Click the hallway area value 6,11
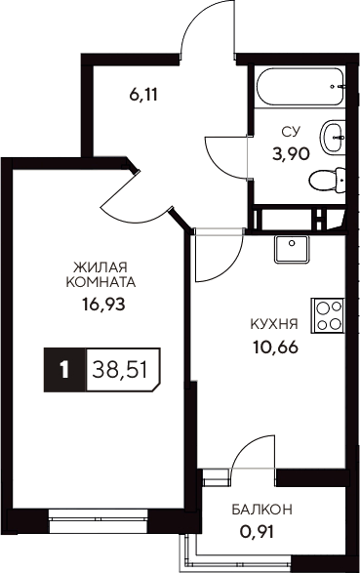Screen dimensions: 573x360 point(142,95)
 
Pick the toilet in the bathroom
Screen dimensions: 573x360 point(324,180)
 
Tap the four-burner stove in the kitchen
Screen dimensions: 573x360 point(328,314)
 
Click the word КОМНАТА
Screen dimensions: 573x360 point(101,282)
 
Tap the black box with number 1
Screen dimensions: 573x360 point(64,369)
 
